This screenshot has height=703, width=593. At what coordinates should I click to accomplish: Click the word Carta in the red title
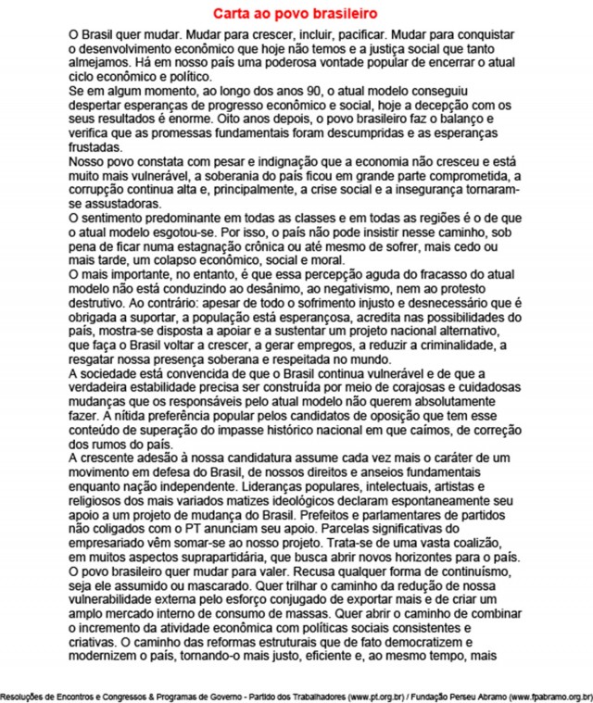[x=232, y=15]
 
